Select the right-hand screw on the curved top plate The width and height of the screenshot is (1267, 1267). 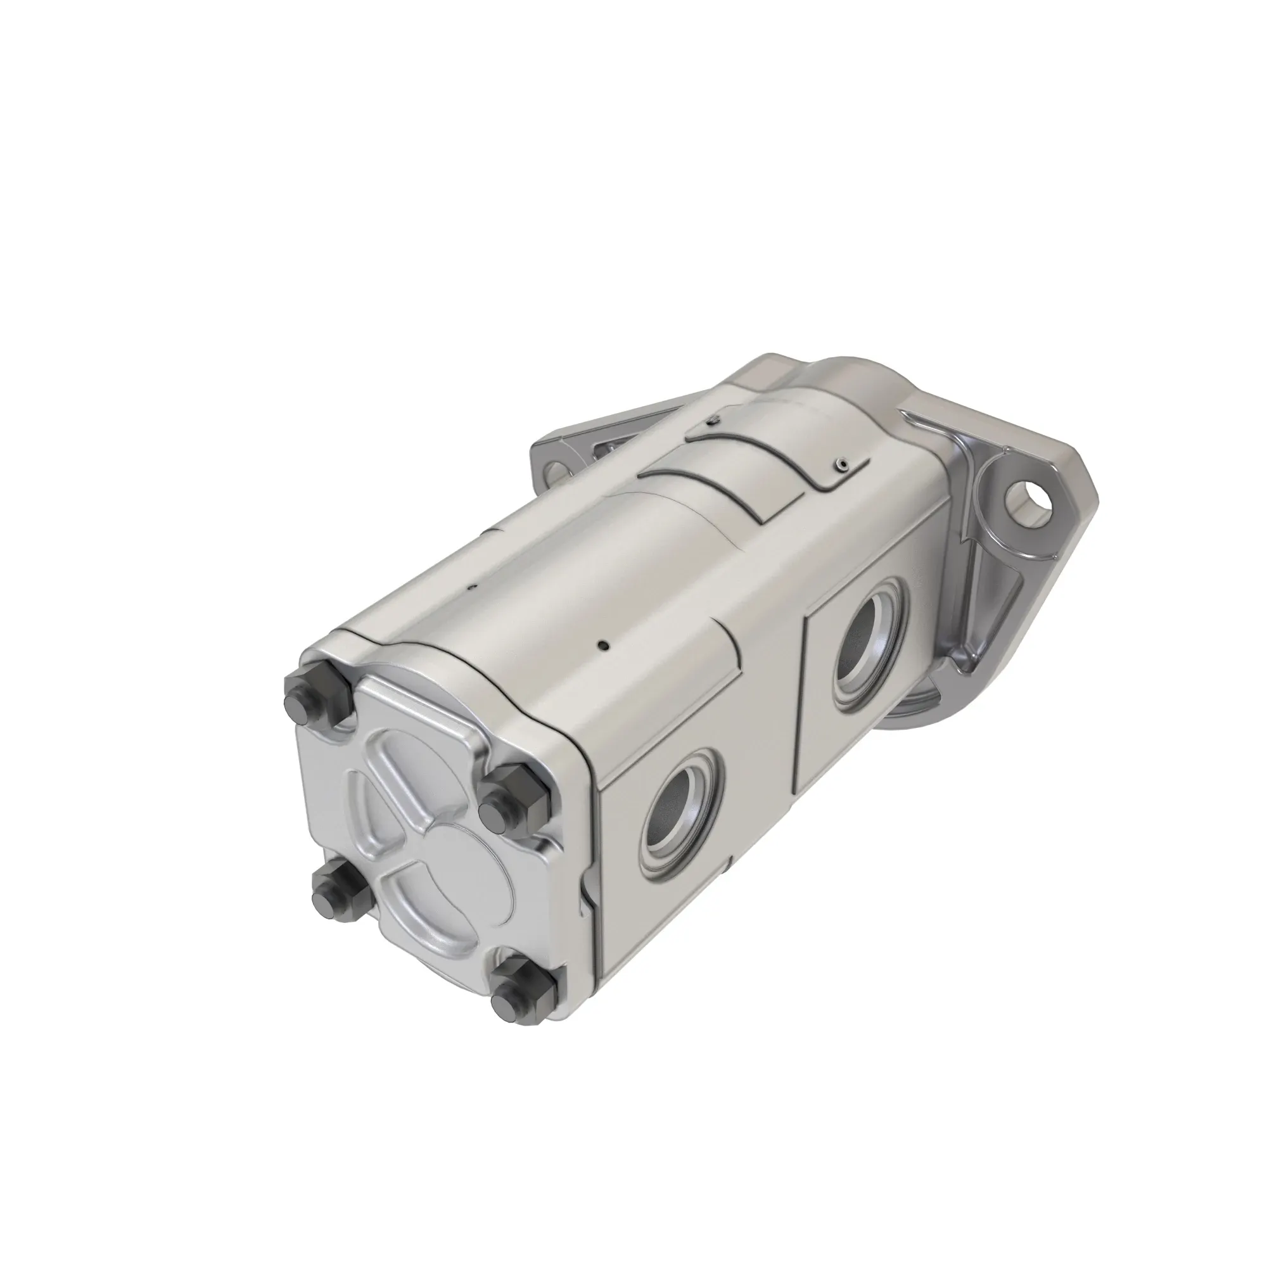(x=841, y=465)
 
